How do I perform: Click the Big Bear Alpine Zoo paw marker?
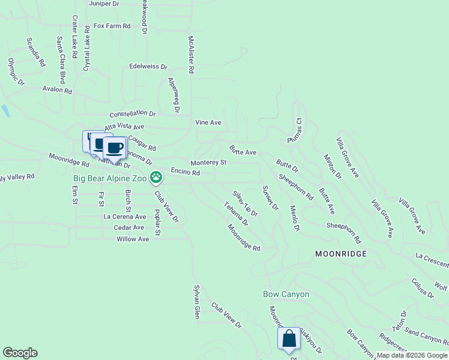[156, 177]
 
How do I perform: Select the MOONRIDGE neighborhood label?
[341, 254]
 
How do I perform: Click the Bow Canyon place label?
[286, 294]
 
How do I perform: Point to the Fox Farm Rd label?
[112, 26]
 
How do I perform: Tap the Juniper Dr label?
[104, 4]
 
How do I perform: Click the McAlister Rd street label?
[191, 54]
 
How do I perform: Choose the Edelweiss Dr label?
[148, 67]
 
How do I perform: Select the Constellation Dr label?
[132, 113]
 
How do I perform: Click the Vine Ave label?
[208, 122]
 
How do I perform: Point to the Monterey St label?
[208, 163]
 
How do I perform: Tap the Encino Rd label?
[185, 172]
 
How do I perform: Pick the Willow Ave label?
[133, 239]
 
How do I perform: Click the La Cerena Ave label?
[125, 217]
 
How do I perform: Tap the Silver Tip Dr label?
[246, 203]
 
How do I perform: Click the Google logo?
[20, 353]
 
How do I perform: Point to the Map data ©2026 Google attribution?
[412, 355]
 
